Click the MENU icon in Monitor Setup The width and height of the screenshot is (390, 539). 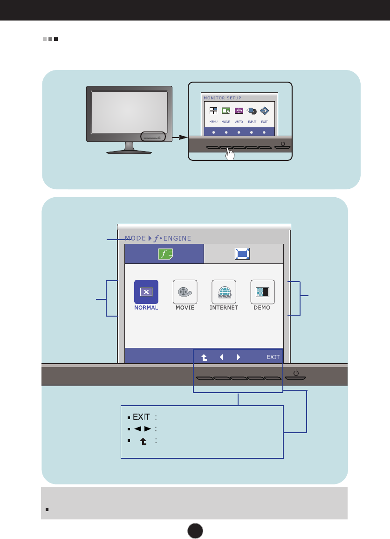[x=213, y=111]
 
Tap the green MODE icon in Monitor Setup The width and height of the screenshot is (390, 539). [x=226, y=111]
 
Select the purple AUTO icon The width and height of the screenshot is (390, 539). [x=239, y=111]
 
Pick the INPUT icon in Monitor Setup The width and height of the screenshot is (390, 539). [x=252, y=111]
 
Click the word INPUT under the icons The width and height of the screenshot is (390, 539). [x=252, y=121]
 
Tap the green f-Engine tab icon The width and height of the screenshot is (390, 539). [x=164, y=254]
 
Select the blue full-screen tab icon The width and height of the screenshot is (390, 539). [x=243, y=254]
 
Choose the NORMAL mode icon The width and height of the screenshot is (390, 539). [x=146, y=292]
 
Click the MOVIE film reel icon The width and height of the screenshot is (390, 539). [x=185, y=292]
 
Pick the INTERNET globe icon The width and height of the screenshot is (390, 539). [x=224, y=292]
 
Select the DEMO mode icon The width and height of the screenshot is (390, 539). [x=263, y=292]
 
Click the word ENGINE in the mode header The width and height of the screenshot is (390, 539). [x=177, y=238]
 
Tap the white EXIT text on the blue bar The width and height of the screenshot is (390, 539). [x=273, y=358]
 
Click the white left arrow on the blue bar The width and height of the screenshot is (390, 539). [x=221, y=358]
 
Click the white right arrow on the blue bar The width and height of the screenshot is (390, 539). [x=239, y=358]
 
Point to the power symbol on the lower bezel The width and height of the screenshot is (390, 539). [x=297, y=373]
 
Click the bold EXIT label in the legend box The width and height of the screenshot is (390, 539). [x=142, y=416]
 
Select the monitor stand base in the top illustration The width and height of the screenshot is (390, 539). [x=130, y=152]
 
